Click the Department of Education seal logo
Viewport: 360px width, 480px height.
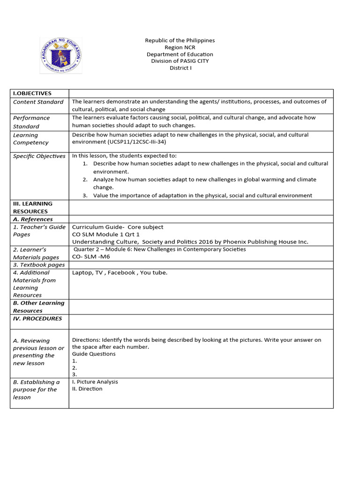60,55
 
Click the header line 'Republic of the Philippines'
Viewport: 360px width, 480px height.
180,41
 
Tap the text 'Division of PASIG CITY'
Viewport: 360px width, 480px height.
180,61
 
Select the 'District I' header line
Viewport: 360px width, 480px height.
180,68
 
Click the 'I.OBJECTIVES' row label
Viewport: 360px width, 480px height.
32,93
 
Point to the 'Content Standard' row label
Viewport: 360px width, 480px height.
38,102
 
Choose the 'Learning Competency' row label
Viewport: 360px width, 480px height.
30,139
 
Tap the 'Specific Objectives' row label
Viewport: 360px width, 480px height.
39,156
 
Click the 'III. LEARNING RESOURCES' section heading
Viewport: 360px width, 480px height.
33,208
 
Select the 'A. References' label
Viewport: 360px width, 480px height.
33,219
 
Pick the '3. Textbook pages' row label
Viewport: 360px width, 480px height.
38,265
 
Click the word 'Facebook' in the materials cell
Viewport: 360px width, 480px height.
120,272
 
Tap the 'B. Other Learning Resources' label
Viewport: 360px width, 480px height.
38,307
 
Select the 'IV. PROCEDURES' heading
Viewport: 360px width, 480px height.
37,319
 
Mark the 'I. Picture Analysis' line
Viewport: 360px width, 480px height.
95,382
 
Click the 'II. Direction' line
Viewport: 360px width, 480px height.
87,389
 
